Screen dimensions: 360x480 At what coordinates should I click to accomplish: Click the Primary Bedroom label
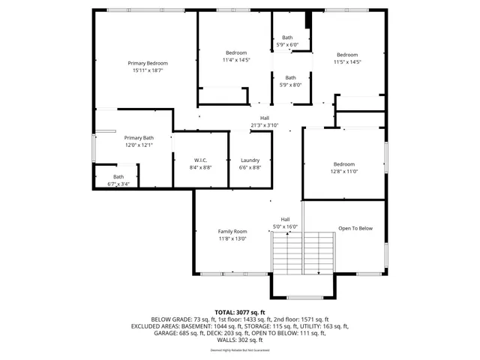click(x=147, y=63)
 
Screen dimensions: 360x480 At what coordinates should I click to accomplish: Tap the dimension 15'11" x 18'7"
click(x=147, y=70)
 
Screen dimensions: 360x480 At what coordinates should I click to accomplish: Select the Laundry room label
click(x=250, y=160)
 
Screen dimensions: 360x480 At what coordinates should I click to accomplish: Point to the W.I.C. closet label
click(x=200, y=160)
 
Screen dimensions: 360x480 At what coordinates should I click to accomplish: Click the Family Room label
click(x=232, y=231)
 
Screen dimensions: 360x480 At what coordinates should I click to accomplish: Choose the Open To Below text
click(x=355, y=228)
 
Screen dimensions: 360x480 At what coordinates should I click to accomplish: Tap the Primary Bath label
click(x=139, y=137)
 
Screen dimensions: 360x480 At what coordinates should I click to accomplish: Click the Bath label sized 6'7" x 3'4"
click(x=118, y=176)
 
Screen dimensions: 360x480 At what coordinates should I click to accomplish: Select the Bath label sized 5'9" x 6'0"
click(x=287, y=37)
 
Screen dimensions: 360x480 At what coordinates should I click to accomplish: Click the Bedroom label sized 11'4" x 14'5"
click(x=236, y=52)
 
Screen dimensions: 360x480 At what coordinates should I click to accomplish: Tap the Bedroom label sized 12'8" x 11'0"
click(x=343, y=163)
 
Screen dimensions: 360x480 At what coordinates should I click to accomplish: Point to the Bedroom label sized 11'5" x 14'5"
click(x=347, y=55)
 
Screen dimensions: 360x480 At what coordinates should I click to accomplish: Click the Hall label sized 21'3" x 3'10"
click(x=264, y=118)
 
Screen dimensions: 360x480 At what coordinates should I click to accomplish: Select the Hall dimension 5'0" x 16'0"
click(x=285, y=226)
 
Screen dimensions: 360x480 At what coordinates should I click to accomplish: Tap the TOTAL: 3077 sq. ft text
click(x=240, y=311)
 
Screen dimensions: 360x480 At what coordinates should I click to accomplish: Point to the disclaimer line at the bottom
click(x=240, y=350)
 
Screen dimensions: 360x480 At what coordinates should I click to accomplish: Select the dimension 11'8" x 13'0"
click(x=232, y=238)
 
